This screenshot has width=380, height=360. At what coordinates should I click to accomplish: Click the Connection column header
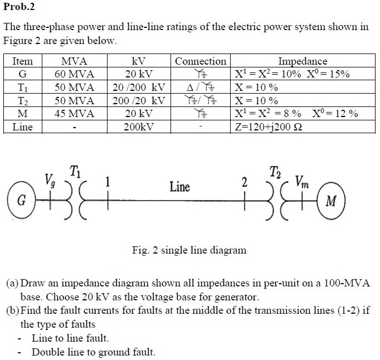pos(201,61)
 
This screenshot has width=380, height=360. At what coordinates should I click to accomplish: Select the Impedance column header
pos(303,61)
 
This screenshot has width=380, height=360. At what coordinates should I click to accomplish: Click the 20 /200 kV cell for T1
pos(139,87)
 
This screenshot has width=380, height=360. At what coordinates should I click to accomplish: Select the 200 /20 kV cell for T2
pos(139,101)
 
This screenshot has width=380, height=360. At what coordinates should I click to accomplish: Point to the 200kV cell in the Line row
pos(139,127)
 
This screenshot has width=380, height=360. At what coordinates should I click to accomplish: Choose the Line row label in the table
pos(23,127)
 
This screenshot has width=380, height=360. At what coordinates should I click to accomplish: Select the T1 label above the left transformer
pos(75,171)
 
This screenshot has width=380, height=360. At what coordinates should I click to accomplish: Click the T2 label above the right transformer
pos(275,171)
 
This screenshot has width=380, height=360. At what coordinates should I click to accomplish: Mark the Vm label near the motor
pos(301,181)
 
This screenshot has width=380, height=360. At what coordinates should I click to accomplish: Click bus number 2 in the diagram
pos(243,183)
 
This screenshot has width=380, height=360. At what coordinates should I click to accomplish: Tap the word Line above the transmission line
pos(179,187)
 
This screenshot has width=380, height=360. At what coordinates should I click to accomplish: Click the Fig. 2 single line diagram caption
pos(189,250)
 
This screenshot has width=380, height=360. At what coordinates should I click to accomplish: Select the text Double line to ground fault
pos(94,352)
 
